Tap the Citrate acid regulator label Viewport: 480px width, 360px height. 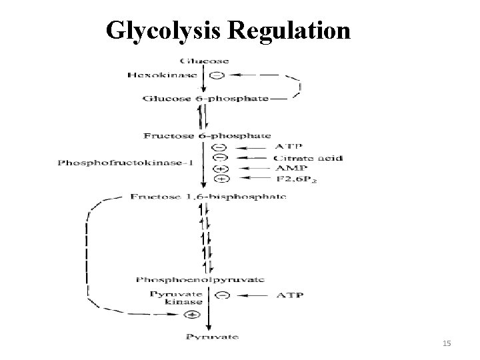(309, 158)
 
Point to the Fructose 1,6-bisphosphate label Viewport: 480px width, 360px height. (207, 197)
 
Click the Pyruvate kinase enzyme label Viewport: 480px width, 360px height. (168, 297)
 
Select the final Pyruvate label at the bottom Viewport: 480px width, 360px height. (211, 337)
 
